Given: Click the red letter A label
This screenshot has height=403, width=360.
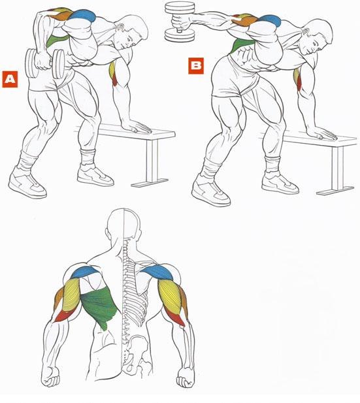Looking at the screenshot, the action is [10, 79].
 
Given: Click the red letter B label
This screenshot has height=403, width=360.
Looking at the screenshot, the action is [196, 66].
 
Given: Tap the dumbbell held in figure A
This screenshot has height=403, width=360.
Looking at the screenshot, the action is [45, 63].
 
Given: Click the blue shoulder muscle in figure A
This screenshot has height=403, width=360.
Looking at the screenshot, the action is [82, 16].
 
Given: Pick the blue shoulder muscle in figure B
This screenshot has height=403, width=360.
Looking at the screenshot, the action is [269, 20].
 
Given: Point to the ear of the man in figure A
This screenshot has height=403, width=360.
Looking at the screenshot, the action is [120, 27].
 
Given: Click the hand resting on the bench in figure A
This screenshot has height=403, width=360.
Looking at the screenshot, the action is [137, 127].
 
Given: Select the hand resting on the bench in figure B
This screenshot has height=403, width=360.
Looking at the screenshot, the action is [322, 133].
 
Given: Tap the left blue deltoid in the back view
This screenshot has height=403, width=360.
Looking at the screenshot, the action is [85, 272].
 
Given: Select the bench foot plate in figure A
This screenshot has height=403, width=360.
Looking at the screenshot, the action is [150, 182].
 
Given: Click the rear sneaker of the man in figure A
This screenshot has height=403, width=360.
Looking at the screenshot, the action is [27, 183].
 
